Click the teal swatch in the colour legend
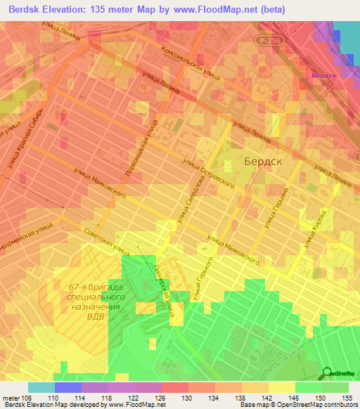41,387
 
